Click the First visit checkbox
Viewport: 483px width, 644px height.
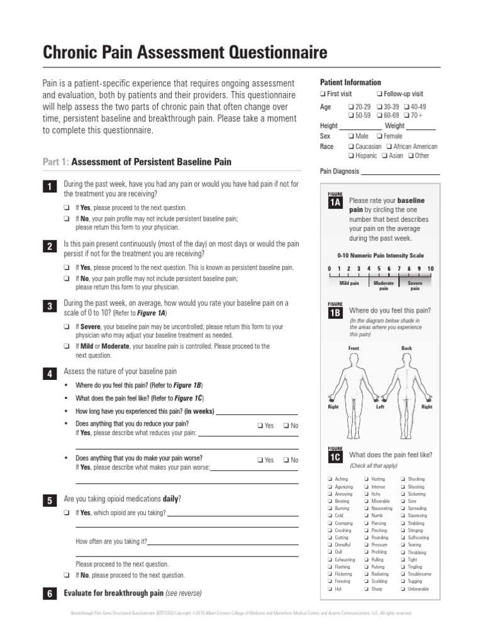[323, 94]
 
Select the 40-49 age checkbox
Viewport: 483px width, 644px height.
[407, 107]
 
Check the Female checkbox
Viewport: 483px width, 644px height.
[379, 136]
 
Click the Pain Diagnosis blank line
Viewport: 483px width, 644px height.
[400, 172]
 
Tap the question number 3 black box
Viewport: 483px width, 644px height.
[49, 306]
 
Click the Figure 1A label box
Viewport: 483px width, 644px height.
[334, 201]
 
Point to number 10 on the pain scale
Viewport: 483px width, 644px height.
[431, 269]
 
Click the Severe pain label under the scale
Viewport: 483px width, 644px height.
[415, 286]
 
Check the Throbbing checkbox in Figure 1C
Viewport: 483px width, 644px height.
[402, 552]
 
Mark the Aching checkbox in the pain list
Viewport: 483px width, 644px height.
[330, 479]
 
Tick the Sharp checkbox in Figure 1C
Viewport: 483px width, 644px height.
[366, 589]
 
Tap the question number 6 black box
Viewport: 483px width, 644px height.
[49, 594]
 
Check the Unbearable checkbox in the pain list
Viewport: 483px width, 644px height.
[402, 589]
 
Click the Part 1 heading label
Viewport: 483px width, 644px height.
[56, 162]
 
